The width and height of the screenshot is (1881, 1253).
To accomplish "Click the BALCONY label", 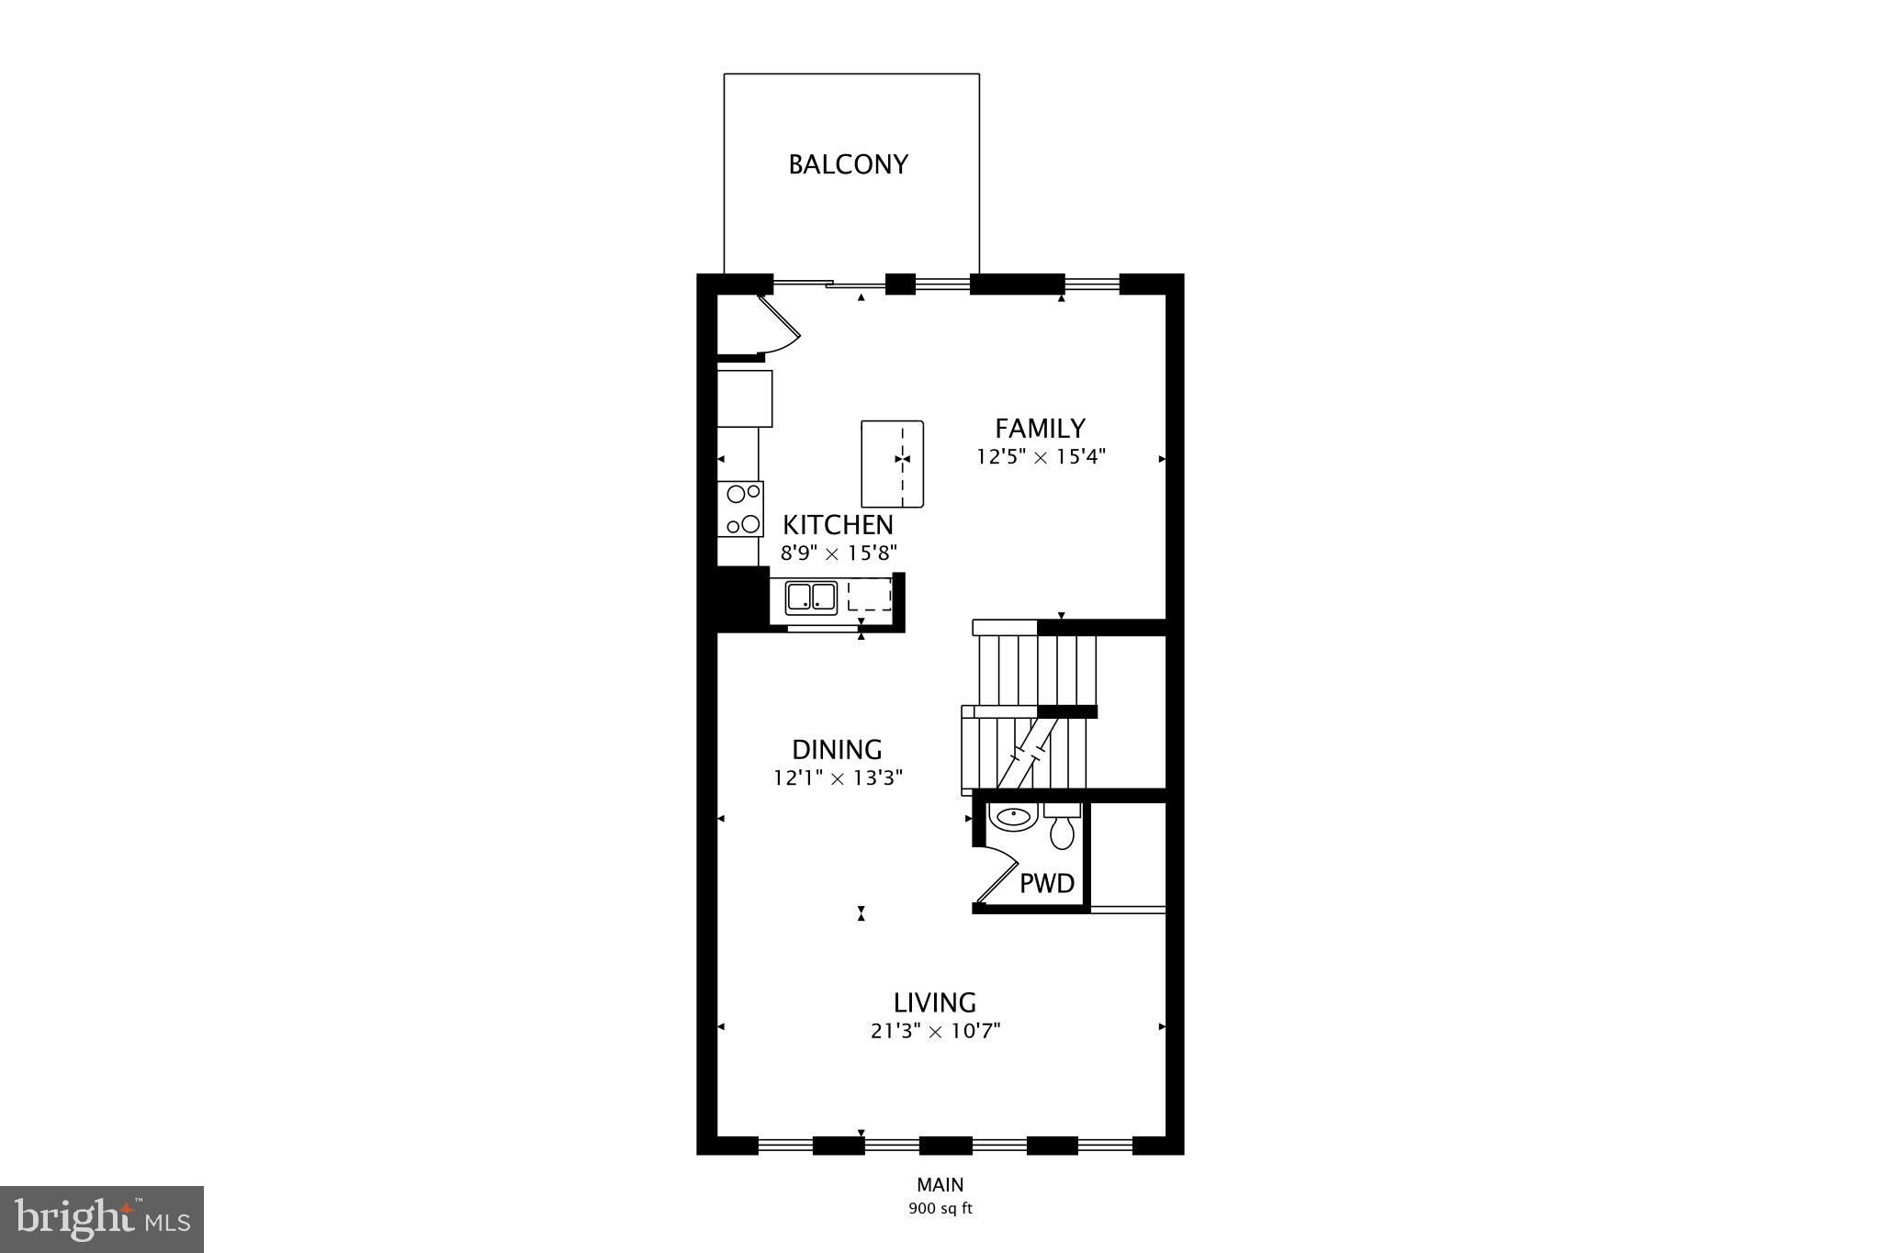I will [848, 164].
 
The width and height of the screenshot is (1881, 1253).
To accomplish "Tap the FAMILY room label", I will [1040, 429].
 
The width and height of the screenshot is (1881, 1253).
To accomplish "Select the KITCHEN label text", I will [838, 525].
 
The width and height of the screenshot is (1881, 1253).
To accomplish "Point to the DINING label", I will [837, 750].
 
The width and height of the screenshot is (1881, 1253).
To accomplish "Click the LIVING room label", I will [934, 1002].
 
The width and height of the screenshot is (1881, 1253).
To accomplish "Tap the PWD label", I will [1047, 884].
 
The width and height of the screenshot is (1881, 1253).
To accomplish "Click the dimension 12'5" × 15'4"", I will [1041, 456].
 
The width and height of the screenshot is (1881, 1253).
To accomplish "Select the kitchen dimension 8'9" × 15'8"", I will [838, 553].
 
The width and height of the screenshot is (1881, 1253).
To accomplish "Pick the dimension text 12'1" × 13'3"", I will [838, 778].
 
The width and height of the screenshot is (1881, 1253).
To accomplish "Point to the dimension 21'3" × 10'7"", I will [935, 1031].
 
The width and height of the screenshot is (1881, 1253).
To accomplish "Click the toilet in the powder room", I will [1063, 828].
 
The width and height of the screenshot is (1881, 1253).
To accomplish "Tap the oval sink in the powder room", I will [1012, 816].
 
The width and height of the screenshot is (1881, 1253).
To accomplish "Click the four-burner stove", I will [742, 509].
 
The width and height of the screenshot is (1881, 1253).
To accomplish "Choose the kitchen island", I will [892, 464].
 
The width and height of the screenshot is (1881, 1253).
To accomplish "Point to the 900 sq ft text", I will [940, 1209].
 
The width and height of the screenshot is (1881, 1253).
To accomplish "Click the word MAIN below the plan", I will [940, 1185].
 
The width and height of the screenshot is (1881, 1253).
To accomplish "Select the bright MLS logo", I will [102, 1219].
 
